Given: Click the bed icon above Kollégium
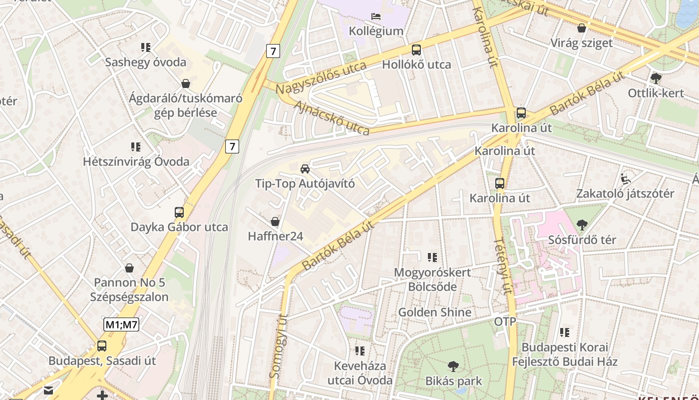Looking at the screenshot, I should [376, 16].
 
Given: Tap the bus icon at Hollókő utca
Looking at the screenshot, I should [416, 50].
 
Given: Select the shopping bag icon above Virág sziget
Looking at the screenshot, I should [581, 28].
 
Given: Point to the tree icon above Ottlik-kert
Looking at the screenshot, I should [656, 78].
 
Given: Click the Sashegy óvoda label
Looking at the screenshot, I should [145, 62].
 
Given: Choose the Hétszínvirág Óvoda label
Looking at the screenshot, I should [136, 161].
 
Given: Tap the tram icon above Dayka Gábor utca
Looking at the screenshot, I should [179, 212].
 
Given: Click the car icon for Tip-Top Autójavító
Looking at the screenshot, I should [305, 168].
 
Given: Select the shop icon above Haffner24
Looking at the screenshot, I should [275, 221].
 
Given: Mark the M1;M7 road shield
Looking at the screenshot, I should [121, 324].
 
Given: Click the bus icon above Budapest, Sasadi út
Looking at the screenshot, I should [102, 345].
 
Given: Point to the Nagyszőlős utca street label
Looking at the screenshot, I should [321, 77].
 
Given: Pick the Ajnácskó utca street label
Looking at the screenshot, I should [332, 118].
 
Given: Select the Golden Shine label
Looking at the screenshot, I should [434, 312].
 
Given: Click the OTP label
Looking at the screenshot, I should [505, 321].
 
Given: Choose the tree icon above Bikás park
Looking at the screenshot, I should [453, 366].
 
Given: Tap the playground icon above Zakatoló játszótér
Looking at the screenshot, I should [625, 178].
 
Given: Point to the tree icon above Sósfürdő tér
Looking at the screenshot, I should [582, 225].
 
